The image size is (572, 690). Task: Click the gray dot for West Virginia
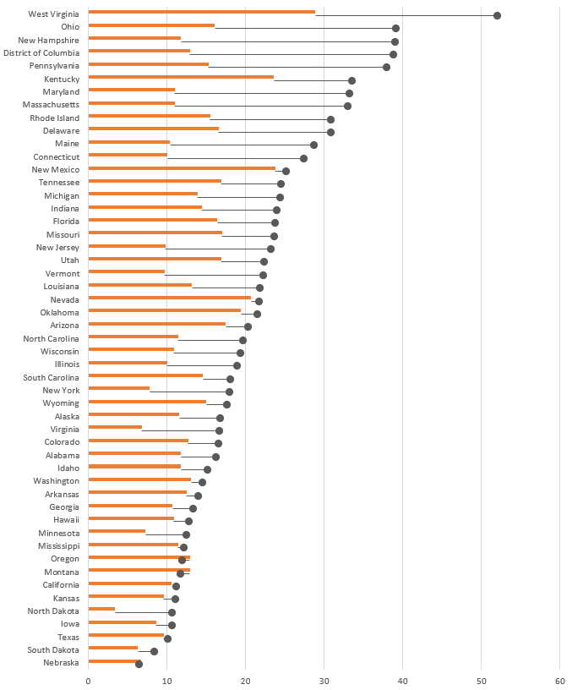pyautogui.click(x=497, y=15)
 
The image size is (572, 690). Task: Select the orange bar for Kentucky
pyautogui.click(x=181, y=77)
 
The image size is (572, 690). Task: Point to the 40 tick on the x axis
pyautogui.click(x=402, y=678)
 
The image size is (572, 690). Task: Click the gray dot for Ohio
pyautogui.click(x=395, y=28)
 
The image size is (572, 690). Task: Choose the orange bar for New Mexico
pyautogui.click(x=182, y=168)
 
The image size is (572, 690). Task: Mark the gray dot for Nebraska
pyautogui.click(x=139, y=664)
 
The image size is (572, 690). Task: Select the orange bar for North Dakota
pyautogui.click(x=101, y=609)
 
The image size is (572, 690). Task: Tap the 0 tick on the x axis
pyautogui.click(x=88, y=678)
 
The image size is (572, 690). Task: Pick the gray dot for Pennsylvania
pyautogui.click(x=386, y=67)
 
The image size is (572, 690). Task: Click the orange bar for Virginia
pyautogui.click(x=115, y=427)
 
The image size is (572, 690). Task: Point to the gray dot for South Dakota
pyautogui.click(x=154, y=651)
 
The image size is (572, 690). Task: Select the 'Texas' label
pyautogui.click(x=68, y=637)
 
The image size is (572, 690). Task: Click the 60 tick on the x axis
pyautogui.click(x=559, y=678)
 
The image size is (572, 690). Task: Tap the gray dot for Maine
pyautogui.click(x=313, y=145)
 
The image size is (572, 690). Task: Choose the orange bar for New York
pyautogui.click(x=119, y=389)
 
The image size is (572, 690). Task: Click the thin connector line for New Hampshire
pyautogui.click(x=287, y=41)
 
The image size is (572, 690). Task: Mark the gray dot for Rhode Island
pyautogui.click(x=330, y=119)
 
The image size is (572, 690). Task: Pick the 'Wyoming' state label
pyautogui.click(x=62, y=403)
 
